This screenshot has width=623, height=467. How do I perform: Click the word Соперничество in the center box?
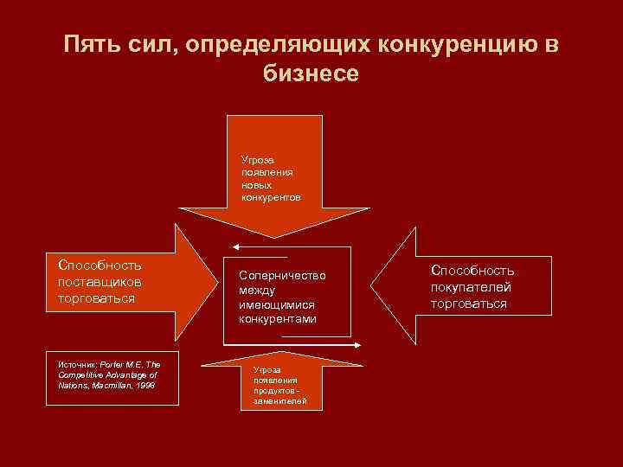point(282,275)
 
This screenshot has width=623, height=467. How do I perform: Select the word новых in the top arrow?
point(256,184)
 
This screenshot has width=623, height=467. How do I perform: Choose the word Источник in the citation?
point(76,364)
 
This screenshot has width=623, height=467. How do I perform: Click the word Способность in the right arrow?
point(472,271)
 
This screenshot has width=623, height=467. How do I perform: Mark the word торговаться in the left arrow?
point(97,298)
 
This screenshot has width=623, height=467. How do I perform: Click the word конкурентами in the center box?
point(278,319)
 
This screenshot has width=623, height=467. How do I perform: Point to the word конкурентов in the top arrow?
point(271,197)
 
